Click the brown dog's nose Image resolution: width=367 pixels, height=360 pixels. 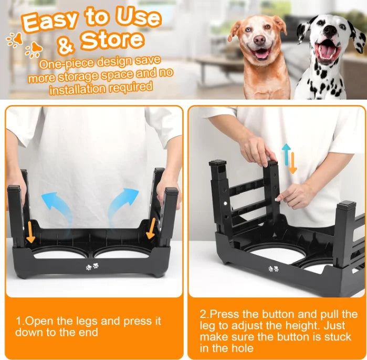(259, 40)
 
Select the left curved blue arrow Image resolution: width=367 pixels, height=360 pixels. (56, 205)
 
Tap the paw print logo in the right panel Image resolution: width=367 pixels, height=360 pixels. (274, 269)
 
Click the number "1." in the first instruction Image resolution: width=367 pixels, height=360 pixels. (20, 321)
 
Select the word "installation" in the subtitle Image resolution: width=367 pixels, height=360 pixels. (76, 89)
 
